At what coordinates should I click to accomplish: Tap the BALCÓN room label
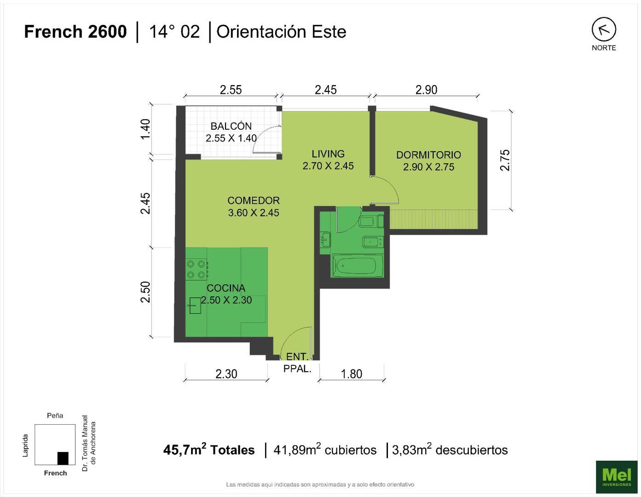click(231, 126)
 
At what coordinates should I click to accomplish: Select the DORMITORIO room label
click(428, 155)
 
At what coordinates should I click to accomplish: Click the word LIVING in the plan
click(328, 154)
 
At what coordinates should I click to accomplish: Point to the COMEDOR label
click(254, 201)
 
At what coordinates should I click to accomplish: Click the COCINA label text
click(226, 288)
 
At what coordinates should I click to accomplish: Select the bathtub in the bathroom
click(357, 266)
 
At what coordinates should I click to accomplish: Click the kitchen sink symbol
click(194, 305)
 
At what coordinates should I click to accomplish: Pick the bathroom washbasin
click(325, 239)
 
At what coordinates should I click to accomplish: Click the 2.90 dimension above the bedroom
click(426, 90)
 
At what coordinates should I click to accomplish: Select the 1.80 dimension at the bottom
click(351, 374)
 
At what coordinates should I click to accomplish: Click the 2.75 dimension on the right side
click(505, 160)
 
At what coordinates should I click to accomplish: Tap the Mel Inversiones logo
click(617, 477)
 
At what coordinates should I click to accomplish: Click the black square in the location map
click(63, 458)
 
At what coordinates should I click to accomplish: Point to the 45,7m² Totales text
click(209, 450)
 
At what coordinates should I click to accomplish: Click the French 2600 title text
click(75, 32)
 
